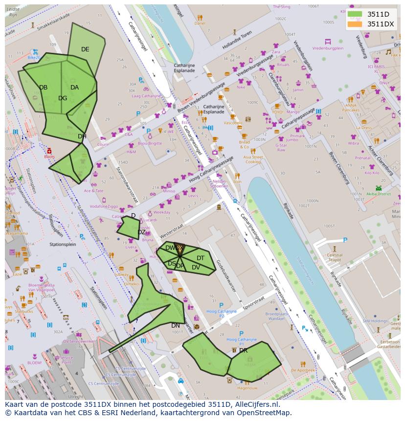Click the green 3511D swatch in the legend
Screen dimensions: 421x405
[355, 14]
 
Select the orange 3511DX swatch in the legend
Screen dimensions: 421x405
[355, 24]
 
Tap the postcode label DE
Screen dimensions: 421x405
[85, 49]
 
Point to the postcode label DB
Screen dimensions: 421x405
[44, 88]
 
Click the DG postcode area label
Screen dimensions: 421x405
[63, 98]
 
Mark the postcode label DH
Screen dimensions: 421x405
[82, 136]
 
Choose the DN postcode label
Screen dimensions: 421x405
[175, 326]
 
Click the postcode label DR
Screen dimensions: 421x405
[243, 351]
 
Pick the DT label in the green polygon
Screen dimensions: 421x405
[201, 258]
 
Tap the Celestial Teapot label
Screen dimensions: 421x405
[335, 258]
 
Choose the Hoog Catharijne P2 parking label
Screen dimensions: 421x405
[221, 313]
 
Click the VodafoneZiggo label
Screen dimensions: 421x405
[104, 207]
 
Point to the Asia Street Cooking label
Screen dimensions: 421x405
[253, 159]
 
